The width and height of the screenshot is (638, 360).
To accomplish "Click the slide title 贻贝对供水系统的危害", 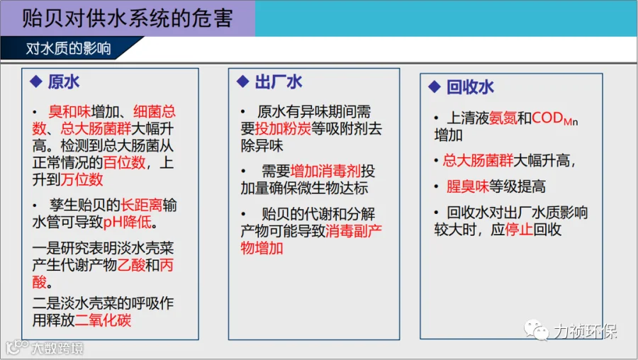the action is (127, 18).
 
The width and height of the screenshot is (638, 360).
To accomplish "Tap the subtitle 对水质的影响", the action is (68, 48).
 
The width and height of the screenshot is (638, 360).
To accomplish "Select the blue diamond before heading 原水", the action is (36, 81).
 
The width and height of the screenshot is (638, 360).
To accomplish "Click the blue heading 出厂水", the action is (279, 81).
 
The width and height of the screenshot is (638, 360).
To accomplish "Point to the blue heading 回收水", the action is (470, 87).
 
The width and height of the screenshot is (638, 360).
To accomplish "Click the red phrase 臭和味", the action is (69, 111).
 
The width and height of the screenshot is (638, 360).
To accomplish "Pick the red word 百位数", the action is (124, 163).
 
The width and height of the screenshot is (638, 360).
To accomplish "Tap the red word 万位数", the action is (82, 179).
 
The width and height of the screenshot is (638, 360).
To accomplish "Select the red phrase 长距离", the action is (141, 205).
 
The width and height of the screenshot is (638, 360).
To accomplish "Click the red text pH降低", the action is (128, 222).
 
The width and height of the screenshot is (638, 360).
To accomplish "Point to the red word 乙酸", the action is (131, 265).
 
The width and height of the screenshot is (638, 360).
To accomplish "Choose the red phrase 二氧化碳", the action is (103, 320).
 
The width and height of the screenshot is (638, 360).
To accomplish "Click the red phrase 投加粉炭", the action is (283, 128).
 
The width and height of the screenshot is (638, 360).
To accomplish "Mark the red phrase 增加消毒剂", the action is (325, 171).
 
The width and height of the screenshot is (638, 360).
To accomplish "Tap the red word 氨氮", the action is (503, 118).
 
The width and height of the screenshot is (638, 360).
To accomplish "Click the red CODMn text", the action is (554, 118).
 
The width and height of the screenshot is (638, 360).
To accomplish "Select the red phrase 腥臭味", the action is (468, 186).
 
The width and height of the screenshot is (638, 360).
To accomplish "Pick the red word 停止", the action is (519, 230).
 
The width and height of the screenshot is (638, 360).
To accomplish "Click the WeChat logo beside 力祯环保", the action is (536, 330).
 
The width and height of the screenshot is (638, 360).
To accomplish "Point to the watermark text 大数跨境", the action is (57, 348).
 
